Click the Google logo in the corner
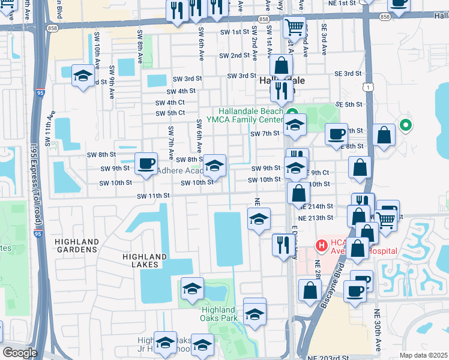pyautogui.click(x=20, y=353)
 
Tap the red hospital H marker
pyautogui.click(x=321, y=245)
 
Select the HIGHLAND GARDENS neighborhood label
pyautogui.click(x=76, y=249)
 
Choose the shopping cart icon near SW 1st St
pyautogui.click(x=294, y=26)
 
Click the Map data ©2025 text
pyautogui.click(x=423, y=355)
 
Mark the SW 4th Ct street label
pyautogui.click(x=170, y=103)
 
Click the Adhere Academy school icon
pyautogui.click(x=214, y=164)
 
